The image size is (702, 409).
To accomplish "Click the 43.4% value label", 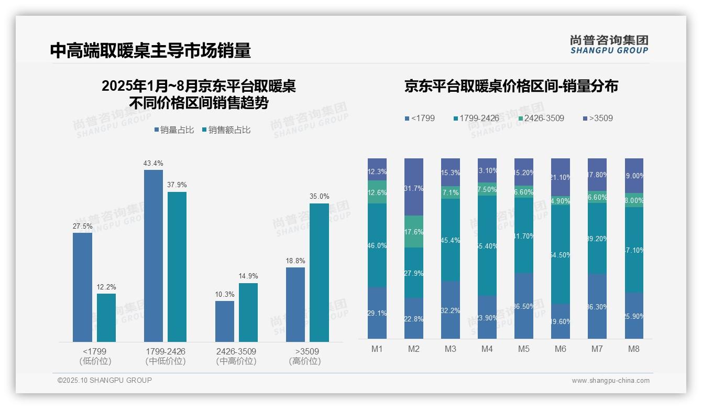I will pyautogui.click(x=153, y=164).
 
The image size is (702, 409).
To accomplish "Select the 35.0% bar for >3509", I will pyautogui.click(x=319, y=273).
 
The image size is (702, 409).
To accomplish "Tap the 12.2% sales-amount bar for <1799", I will pyautogui.click(x=106, y=318).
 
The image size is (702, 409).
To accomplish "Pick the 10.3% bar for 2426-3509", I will pyautogui.click(x=225, y=321).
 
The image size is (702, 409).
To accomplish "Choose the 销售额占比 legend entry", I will pyautogui.click(x=226, y=130).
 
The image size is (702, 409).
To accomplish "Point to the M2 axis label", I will pyautogui.click(x=414, y=349).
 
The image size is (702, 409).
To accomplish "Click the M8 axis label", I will pyautogui.click(x=634, y=349).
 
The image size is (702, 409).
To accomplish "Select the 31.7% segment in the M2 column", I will pyautogui.click(x=414, y=187).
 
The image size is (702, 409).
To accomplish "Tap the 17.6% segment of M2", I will pyautogui.click(x=414, y=232).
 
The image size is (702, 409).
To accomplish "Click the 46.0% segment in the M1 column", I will pyautogui.click(x=377, y=245).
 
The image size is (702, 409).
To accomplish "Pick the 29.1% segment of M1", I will pyautogui.click(x=377, y=313).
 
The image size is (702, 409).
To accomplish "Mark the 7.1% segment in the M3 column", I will pyautogui.click(x=451, y=192).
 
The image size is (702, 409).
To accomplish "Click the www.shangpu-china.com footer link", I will pyautogui.click(x=610, y=381).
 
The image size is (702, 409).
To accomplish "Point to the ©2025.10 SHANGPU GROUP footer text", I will pyautogui.click(x=105, y=380).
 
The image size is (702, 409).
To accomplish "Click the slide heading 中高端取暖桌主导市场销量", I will pyautogui.click(x=151, y=50).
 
